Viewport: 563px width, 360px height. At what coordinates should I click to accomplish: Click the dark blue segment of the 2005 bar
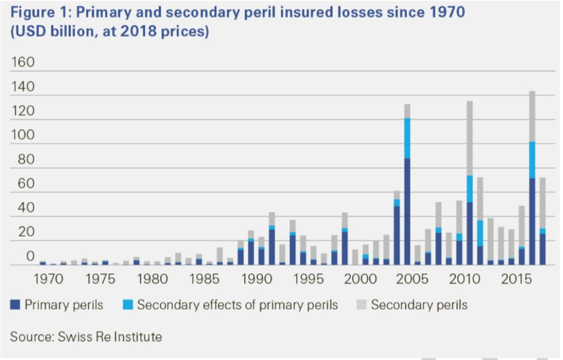(x=407, y=211)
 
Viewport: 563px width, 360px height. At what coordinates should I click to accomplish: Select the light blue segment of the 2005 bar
(x=407, y=138)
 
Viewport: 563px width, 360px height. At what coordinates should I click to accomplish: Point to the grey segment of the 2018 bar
(x=543, y=203)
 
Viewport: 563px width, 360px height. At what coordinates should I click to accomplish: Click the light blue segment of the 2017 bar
(x=532, y=160)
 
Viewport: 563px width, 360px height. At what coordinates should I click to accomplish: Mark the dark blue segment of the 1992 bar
(x=272, y=248)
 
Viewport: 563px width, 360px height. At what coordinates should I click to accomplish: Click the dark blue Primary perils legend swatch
(x=15, y=305)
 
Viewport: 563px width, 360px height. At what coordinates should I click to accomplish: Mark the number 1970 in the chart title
(x=441, y=12)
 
